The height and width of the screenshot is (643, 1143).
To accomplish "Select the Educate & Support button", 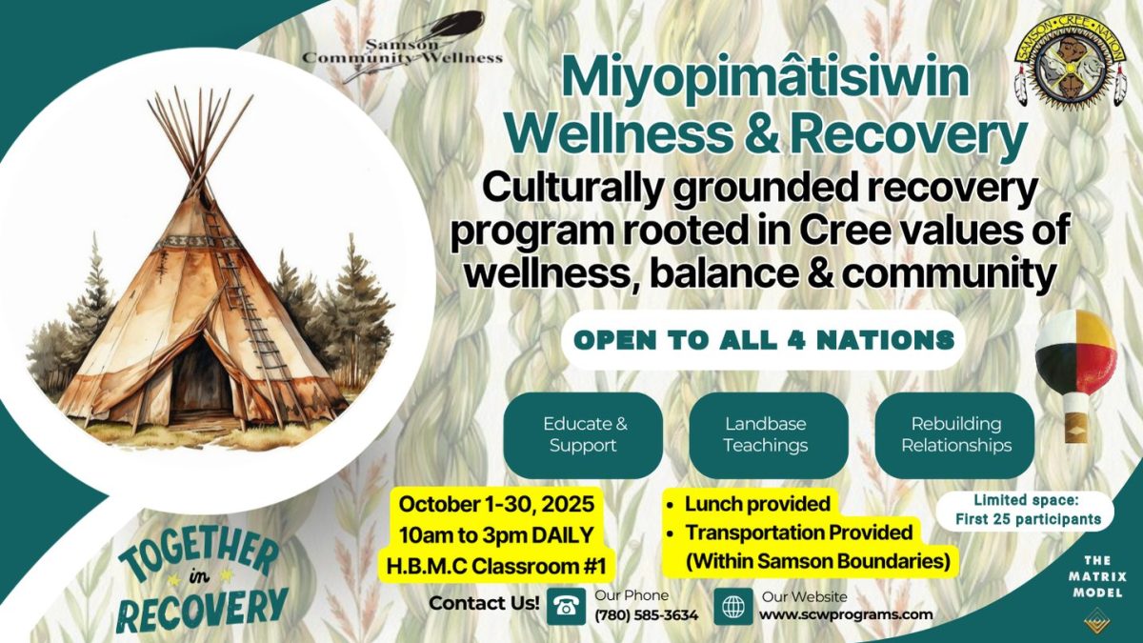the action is [583, 434].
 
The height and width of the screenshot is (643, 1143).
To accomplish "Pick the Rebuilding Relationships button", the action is [954, 434].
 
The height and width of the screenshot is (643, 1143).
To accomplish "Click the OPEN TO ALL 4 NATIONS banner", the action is [764, 340].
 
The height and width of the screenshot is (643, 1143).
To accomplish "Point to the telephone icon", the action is [567, 606].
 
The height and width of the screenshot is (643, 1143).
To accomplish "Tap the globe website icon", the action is [733, 606].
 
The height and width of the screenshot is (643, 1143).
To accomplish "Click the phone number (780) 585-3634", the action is [647, 615].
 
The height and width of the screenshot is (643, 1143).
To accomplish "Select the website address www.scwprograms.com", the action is [846, 614].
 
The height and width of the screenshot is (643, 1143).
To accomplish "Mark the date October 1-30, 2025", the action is [496, 504].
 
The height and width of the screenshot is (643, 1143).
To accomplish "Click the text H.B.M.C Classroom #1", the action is [496, 567].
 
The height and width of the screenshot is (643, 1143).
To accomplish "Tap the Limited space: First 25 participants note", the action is [1027, 510].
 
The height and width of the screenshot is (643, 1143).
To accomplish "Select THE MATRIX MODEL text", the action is [1097, 577].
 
